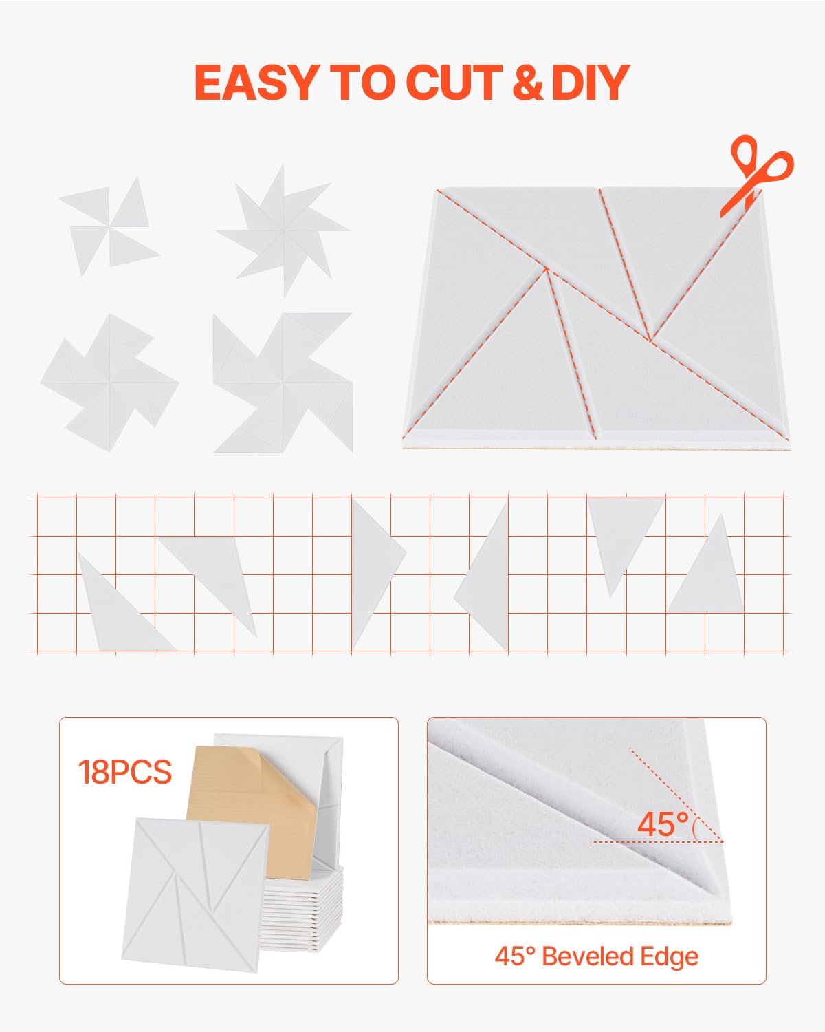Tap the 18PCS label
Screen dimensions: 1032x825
click(x=124, y=772)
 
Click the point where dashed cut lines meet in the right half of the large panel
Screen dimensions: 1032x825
click(x=650, y=339)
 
